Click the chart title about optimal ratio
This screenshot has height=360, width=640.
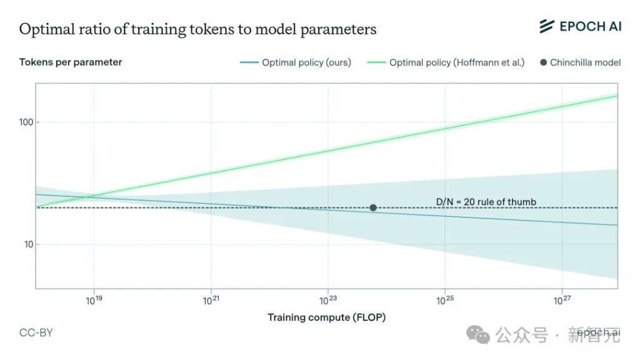197,29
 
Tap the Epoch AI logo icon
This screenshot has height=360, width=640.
546,26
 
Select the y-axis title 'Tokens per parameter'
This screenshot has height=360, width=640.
71,62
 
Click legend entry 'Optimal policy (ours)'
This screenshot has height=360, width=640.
296,62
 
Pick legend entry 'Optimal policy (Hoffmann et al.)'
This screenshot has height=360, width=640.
446,62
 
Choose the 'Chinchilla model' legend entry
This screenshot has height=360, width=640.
581,62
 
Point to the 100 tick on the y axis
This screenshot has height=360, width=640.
26,122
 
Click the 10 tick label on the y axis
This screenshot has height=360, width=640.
29,244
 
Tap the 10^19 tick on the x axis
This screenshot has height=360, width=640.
94,301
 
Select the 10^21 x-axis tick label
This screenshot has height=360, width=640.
211,301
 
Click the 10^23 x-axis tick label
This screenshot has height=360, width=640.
328,301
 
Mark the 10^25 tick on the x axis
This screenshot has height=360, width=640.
445,301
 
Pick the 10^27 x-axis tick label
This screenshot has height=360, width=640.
562,301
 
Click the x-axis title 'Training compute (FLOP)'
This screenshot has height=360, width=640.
326,317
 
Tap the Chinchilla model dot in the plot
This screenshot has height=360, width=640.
373,207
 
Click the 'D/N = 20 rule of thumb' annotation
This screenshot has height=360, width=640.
486,202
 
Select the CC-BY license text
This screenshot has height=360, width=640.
36,332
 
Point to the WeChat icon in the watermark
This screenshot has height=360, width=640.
478,335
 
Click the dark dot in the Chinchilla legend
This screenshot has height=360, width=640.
543,62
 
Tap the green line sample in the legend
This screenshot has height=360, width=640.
376,62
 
